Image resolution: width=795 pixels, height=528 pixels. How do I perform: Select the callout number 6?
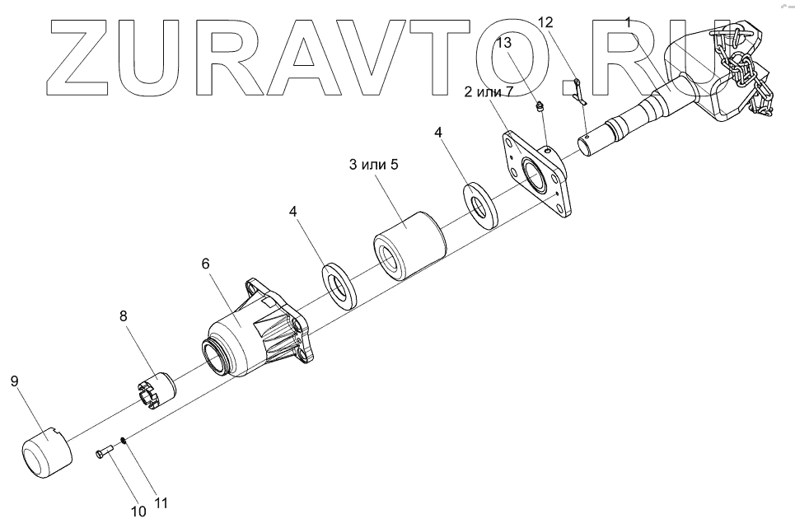pyautogui.click(x=206, y=264)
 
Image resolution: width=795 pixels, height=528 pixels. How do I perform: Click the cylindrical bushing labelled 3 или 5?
pyautogui.click(x=409, y=244)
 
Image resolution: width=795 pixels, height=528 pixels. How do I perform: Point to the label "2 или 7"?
pyautogui.click(x=489, y=92)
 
